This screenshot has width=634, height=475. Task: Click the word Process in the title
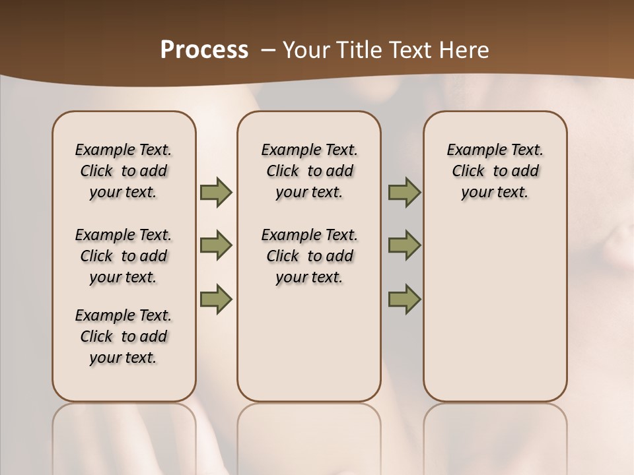click(204, 50)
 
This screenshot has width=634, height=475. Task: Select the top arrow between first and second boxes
click(216, 192)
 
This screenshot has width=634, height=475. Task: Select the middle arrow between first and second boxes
click(216, 245)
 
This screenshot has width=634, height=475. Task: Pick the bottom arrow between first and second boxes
click(216, 299)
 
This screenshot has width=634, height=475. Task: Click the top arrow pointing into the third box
click(404, 192)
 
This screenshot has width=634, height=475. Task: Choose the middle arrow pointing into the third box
click(404, 245)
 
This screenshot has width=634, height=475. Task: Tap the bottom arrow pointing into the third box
click(404, 299)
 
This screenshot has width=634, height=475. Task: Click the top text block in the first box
click(123, 171)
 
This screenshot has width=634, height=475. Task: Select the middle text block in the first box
click(123, 256)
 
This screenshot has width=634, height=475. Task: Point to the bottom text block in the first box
click(123, 336)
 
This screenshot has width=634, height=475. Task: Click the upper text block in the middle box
click(309, 171)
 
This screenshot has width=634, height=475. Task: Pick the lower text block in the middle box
click(309, 256)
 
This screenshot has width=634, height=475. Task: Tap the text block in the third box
click(495, 171)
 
